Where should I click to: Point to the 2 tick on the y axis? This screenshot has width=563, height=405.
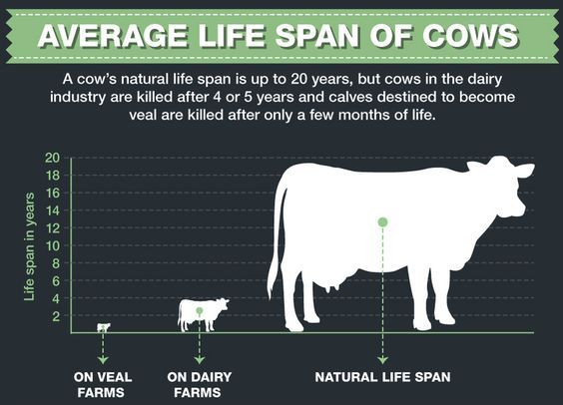[x=56, y=316]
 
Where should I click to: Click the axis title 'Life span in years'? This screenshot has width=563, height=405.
[x=29, y=246]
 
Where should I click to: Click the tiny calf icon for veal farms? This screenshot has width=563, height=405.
[x=103, y=326]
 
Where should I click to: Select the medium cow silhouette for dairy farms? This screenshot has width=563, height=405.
[x=202, y=313]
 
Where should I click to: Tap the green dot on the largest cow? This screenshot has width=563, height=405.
[x=382, y=221]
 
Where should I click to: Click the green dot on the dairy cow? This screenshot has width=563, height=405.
[x=200, y=310]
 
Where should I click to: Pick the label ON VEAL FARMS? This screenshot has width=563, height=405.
[x=103, y=384]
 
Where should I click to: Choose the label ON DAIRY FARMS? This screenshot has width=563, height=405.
[x=200, y=384]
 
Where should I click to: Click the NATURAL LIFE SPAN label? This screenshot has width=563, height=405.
[x=382, y=377]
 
